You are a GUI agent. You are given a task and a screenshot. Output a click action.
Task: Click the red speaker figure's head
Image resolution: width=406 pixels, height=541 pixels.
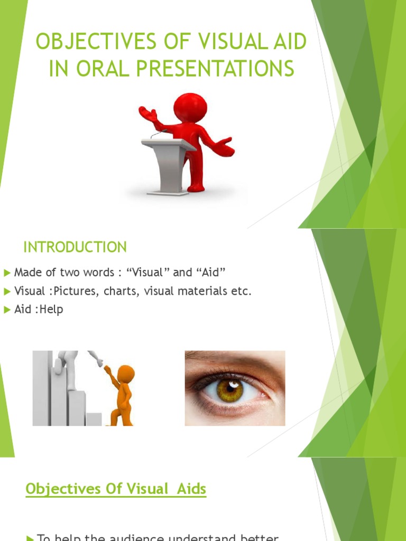[190, 107]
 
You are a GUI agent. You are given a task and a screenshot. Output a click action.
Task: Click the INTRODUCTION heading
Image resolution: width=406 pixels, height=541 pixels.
[75, 247]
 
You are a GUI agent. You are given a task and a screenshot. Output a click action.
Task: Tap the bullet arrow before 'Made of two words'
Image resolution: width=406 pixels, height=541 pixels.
[7, 273]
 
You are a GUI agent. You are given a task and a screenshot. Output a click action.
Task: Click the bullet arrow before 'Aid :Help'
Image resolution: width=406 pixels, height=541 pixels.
[7, 310]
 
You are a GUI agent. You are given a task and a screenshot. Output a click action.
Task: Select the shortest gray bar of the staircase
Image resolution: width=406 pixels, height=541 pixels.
[94, 419]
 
